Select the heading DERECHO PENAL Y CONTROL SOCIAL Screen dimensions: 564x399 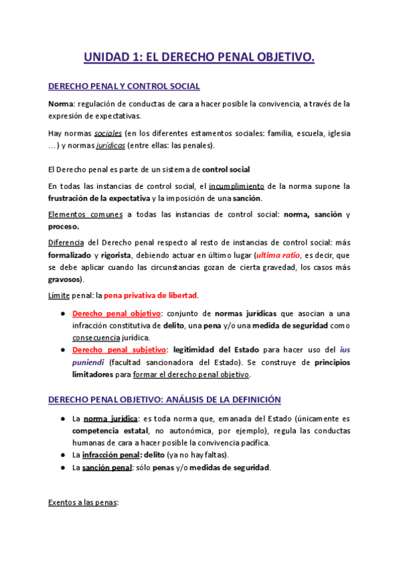point(124,86)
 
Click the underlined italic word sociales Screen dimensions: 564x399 point(108,133)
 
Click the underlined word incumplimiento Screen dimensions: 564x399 point(237,186)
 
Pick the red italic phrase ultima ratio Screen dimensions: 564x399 point(279,255)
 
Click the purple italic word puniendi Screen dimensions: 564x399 point(88,362)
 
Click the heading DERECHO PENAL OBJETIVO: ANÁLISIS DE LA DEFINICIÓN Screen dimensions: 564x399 point(165,400)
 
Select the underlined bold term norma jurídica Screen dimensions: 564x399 point(110,419)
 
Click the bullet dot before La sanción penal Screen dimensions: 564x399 point(61,468)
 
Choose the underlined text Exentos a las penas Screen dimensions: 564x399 point(83,503)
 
